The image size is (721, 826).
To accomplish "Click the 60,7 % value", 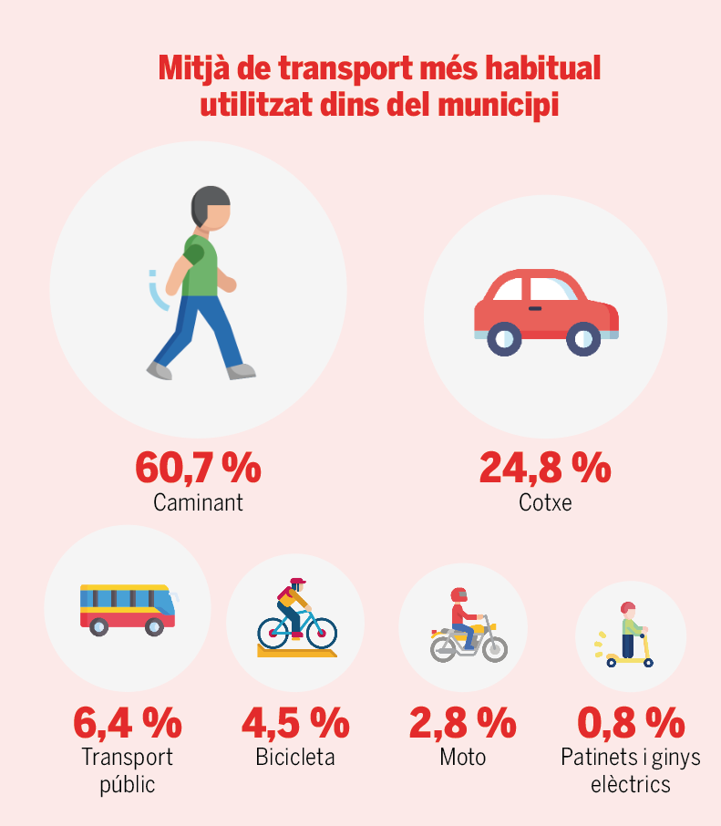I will coord(198,468).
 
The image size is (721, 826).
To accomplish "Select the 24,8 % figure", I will coord(544,468).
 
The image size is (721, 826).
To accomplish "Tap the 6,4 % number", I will coord(127,723).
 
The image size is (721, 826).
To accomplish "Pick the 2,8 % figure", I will coord(462,723).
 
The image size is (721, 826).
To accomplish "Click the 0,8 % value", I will coord(631,723).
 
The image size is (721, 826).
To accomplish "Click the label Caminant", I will coord(198,502).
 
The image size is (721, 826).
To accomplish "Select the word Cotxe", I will coord(545,502).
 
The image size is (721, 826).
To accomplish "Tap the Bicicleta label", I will coord(294,758).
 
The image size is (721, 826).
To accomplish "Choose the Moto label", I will coord(462,758).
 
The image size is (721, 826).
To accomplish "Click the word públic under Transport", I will coord(127,785).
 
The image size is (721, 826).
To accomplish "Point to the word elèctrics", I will coord(631,785).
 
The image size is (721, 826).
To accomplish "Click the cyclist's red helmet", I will coord(297,582).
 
